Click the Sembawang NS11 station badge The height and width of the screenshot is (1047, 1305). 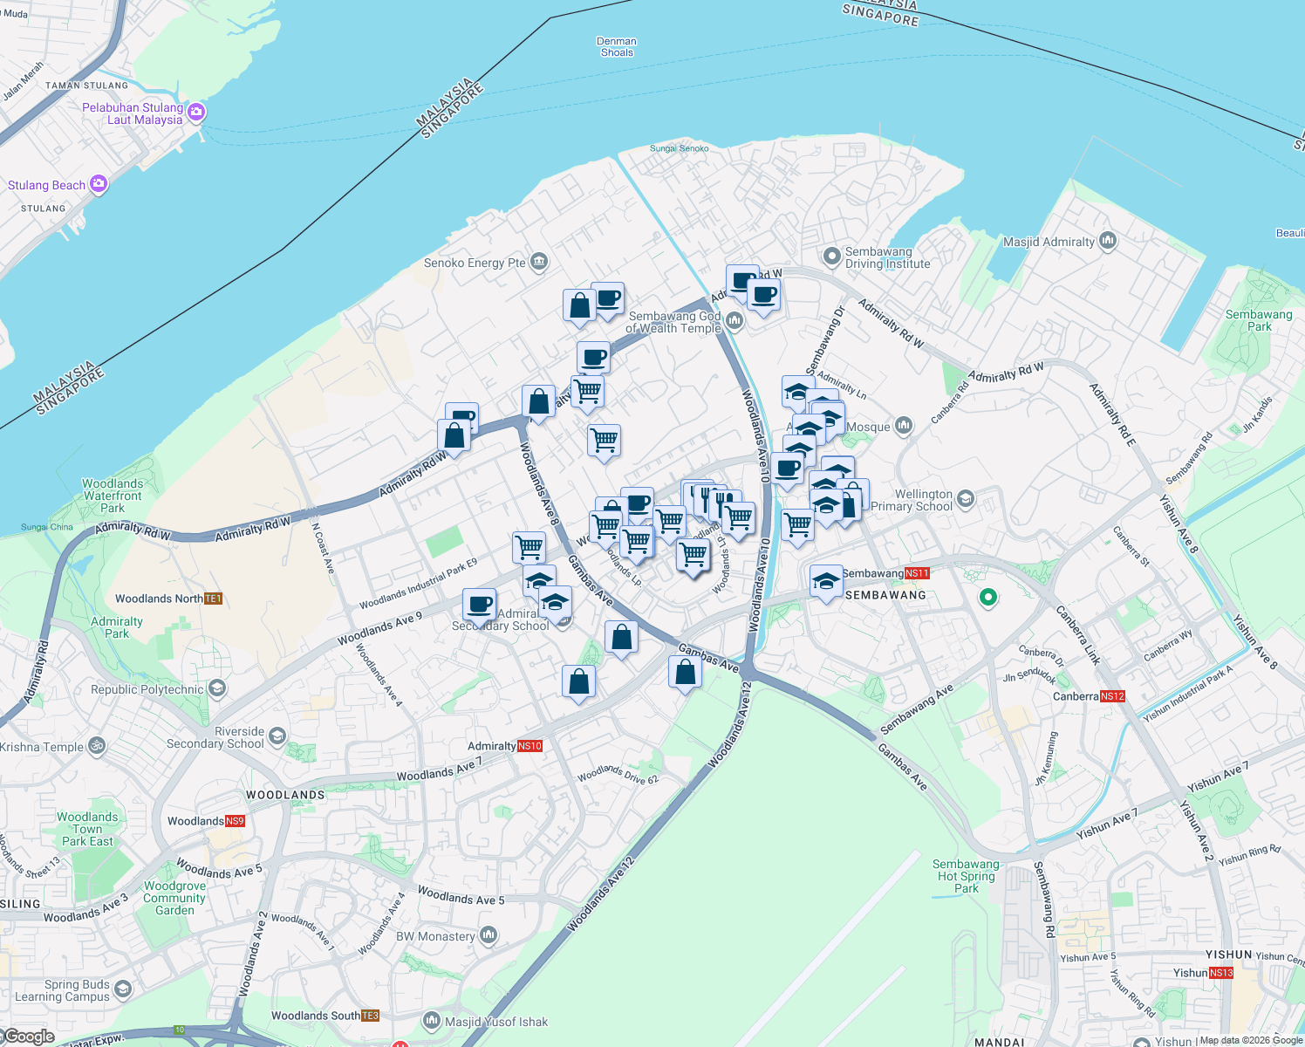click(x=917, y=573)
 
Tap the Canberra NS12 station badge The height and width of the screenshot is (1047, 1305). click(x=1112, y=696)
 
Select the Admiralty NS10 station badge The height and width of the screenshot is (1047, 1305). click(x=530, y=746)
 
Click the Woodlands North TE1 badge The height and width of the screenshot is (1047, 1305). click(x=213, y=599)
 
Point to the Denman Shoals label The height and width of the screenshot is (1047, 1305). click(x=617, y=47)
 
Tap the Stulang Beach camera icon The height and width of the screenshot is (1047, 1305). click(x=99, y=183)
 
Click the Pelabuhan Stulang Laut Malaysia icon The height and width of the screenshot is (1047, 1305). click(x=196, y=111)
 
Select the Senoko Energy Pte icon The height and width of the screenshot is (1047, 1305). click(x=539, y=261)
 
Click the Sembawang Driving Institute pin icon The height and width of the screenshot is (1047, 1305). click(x=832, y=256)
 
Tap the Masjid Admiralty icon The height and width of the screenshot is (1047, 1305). click(x=1108, y=240)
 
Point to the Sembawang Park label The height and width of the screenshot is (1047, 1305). click(x=1259, y=320)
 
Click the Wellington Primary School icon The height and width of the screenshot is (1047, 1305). click(x=965, y=498)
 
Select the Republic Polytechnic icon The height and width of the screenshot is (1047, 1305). click(x=217, y=688)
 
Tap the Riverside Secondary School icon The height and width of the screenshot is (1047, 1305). click(x=277, y=736)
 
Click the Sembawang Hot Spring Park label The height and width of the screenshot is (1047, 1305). click(x=966, y=876)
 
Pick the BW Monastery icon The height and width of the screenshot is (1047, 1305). click(x=488, y=935)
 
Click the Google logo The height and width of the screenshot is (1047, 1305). click(x=30, y=1037)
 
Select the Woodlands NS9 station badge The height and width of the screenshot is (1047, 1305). click(x=235, y=821)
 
